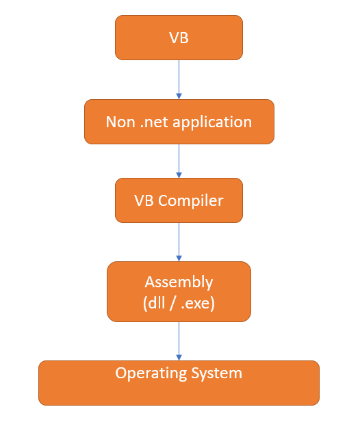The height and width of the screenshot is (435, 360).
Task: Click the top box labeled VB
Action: (x=179, y=38)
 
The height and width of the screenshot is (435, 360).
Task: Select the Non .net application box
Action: (x=179, y=122)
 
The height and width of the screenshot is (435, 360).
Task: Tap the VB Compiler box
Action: (x=179, y=200)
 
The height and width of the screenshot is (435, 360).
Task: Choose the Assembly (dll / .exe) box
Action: (x=179, y=291)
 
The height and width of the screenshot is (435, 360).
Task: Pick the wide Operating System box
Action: (x=179, y=383)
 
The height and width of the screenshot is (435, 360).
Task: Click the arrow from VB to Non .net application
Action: (x=179, y=79)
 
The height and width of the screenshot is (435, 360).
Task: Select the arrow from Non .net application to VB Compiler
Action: (x=179, y=161)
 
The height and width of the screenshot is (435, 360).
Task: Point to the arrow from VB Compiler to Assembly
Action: (x=179, y=241)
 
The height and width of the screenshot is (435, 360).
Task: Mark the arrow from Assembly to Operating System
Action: (x=179, y=341)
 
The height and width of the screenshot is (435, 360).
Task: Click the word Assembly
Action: (x=179, y=282)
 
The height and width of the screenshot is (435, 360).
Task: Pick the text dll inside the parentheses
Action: (x=156, y=302)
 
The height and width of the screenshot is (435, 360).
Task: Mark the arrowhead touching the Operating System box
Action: (x=179, y=357)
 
